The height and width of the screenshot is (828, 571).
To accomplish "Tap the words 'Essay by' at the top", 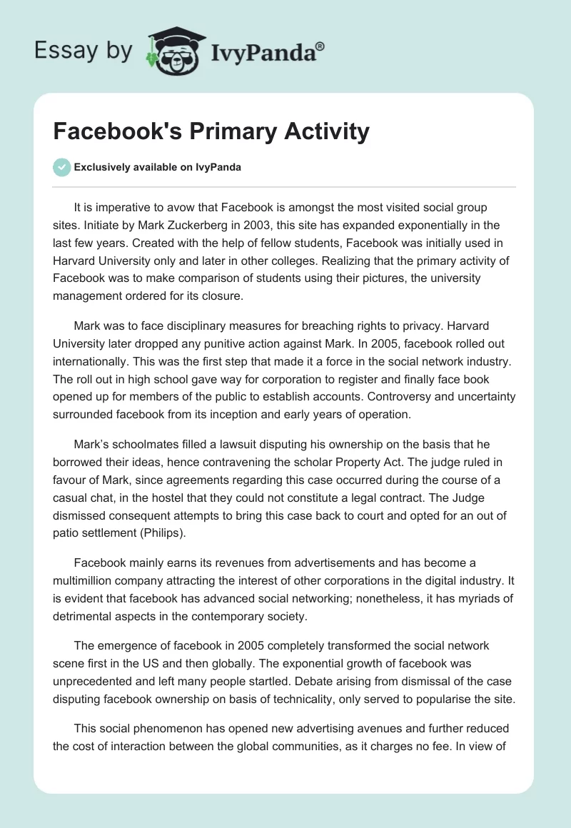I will tap(83, 51).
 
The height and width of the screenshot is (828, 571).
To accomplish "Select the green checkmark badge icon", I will tap(61, 168).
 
